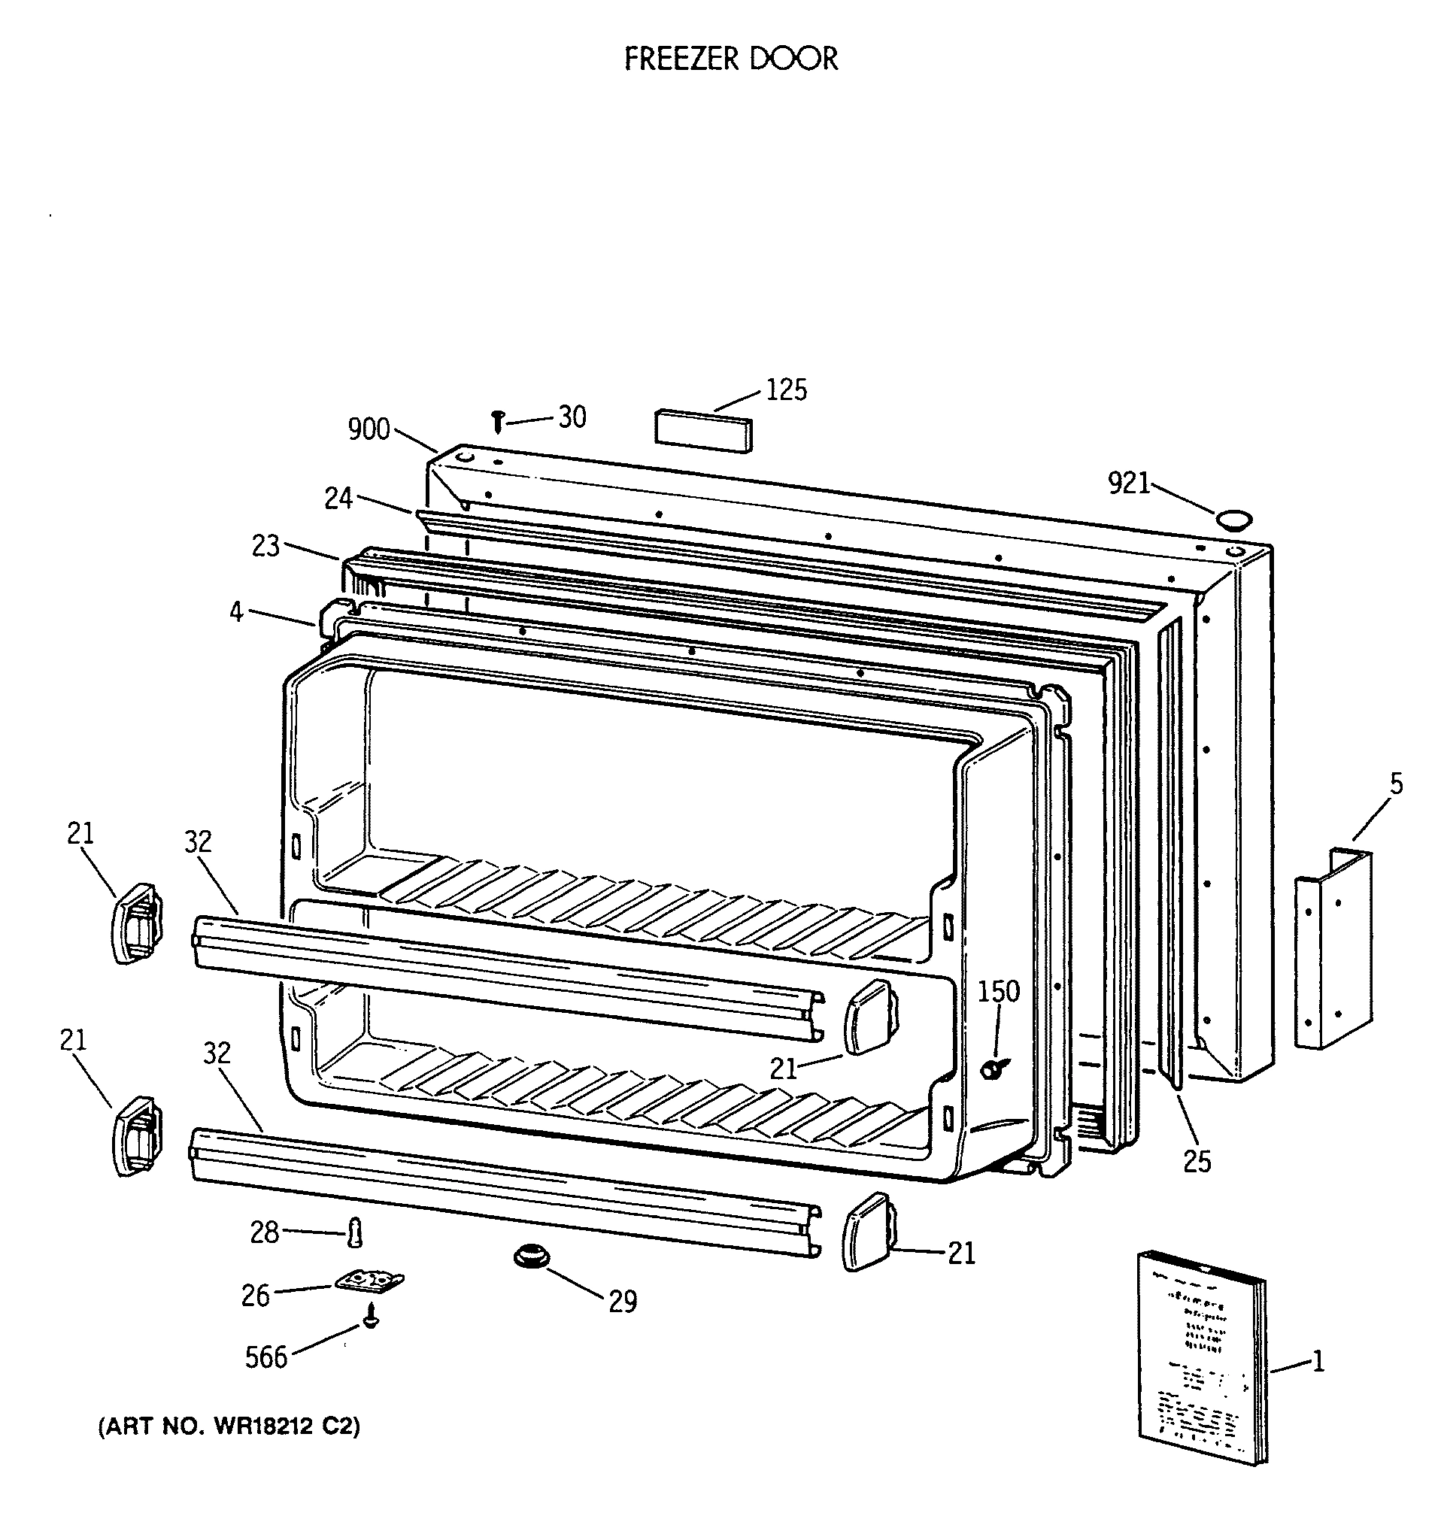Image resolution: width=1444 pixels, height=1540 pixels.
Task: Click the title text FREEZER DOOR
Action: coord(730,59)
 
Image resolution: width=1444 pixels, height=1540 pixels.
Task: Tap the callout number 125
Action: coord(785,390)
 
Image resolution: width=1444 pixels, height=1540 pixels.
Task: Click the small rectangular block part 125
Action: coord(703,431)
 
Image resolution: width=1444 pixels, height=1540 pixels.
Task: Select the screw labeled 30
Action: coord(498,421)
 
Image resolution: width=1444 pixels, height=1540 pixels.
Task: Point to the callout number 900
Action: coord(369,429)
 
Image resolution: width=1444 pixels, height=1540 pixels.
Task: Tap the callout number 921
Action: coord(1128,484)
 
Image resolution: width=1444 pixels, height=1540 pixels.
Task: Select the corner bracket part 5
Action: coord(1334,949)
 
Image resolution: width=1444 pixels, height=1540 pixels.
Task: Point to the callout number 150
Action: coord(999,992)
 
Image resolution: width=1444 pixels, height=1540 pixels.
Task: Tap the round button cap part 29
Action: coord(531,1256)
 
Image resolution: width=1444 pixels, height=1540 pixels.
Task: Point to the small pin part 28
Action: coord(355,1232)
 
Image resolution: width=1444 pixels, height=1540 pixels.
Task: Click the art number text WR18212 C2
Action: coord(229,1427)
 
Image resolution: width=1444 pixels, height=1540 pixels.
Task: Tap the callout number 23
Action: coord(265,546)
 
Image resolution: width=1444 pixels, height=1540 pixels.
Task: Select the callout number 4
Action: coord(236,612)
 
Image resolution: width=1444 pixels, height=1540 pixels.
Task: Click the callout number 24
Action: coord(338,498)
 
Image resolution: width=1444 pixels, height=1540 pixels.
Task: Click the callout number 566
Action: coord(265,1357)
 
